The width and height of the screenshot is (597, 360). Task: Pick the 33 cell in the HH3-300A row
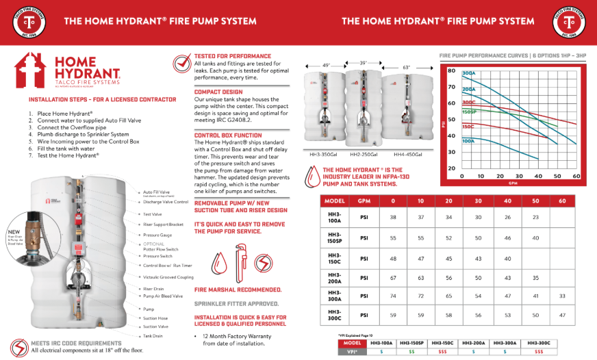[x=562, y=297]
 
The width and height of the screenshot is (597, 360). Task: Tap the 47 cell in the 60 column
[x=562, y=317]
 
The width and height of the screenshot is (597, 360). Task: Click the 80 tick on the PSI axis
[x=452, y=70]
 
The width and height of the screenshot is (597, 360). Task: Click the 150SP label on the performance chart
[x=469, y=112]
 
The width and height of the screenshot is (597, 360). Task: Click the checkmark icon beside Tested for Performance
[x=183, y=64]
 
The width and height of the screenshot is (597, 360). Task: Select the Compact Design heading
[x=218, y=92]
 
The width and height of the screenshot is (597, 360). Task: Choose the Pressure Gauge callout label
[x=157, y=234]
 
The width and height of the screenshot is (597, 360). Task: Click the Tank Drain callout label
[x=154, y=336]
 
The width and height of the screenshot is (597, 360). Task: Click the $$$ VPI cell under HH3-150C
[x=442, y=351]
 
